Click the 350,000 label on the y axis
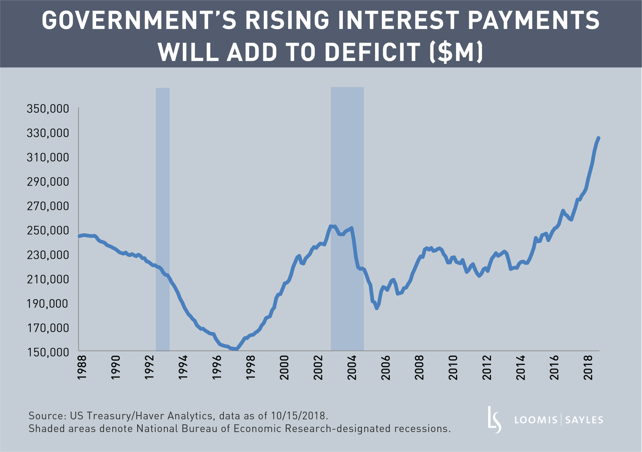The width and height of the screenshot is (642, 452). tap(48, 109)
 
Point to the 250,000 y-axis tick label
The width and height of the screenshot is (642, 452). tap(48, 231)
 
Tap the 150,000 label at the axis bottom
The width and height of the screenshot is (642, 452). tap(48, 352)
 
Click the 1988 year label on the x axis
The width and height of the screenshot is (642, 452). tap(82, 368)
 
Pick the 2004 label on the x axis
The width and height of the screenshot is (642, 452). tap(352, 368)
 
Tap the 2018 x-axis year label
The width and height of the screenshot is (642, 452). tap(588, 368)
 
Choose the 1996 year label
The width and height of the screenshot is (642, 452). tap(217, 368)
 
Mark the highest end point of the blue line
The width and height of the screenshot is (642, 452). tap(599, 138)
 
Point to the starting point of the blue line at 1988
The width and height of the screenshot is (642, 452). tap(79, 236)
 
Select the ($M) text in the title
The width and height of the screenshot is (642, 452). tap(456, 52)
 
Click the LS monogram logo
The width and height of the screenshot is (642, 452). tap(494, 420)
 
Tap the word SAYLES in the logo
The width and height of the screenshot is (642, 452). tap(584, 420)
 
